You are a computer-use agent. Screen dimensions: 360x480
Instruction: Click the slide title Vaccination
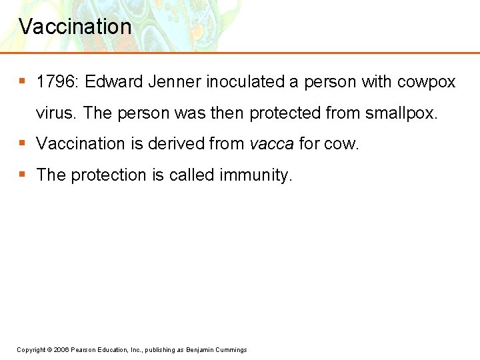(x=75, y=27)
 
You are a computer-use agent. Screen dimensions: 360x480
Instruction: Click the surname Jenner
(x=175, y=82)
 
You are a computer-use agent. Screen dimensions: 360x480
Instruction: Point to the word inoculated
(x=245, y=82)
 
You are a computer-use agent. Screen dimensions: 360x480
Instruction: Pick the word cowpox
(x=426, y=82)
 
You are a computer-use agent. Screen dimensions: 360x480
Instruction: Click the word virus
(x=56, y=113)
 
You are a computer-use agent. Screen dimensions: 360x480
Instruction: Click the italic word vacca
(x=271, y=144)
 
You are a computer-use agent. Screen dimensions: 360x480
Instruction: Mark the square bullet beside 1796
(x=22, y=81)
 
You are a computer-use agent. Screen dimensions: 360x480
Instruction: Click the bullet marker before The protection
(x=22, y=174)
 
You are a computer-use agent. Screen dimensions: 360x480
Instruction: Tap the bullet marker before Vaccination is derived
(x=22, y=143)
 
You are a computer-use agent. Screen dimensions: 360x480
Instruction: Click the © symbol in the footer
(x=51, y=350)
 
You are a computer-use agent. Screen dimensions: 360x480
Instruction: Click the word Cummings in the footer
(x=231, y=350)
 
